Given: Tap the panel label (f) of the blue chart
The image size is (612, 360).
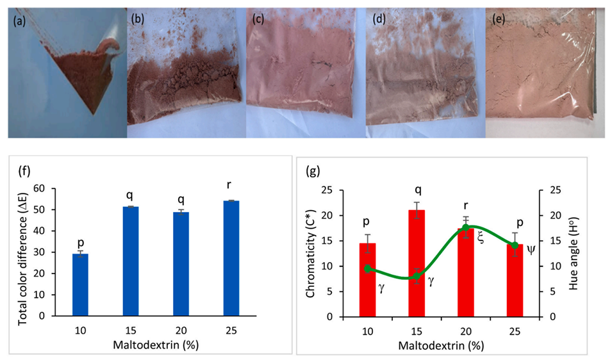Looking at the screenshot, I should pos(23,172).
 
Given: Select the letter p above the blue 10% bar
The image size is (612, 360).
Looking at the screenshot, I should pos(80,243).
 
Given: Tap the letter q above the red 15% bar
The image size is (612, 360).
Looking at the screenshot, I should pos(417,190).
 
